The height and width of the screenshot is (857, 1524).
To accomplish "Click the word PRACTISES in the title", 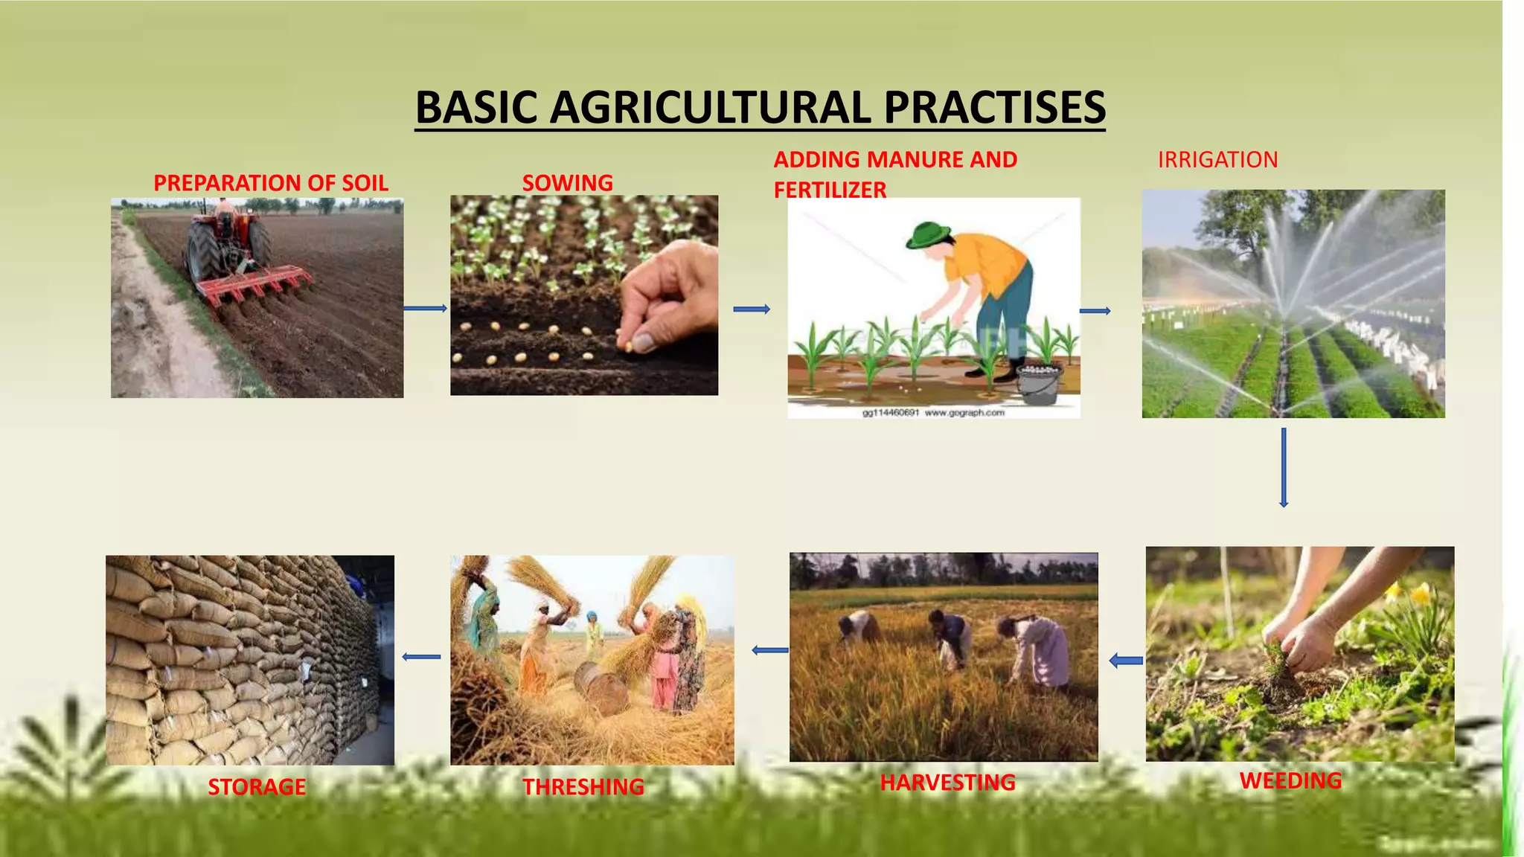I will pos(994,108).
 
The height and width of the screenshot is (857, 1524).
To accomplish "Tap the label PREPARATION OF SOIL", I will pos(271,183).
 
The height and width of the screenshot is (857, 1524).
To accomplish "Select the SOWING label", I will pos(568,183).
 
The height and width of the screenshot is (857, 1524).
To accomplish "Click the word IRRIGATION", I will pos(1217,160).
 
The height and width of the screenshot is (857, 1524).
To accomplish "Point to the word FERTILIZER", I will pos(830,190).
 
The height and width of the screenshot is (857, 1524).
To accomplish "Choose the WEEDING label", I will pos(1290,780).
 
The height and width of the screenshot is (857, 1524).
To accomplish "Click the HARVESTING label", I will pos(947,783).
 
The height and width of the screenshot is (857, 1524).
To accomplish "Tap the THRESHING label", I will pos(583,786).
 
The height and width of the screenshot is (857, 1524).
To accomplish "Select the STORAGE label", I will pos(257,786).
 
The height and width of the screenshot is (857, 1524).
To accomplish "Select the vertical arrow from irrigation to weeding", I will pos(1284,467).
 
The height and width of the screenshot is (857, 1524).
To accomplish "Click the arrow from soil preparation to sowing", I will pos(426,308).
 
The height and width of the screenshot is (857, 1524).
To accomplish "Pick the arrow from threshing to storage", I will pos(421,656).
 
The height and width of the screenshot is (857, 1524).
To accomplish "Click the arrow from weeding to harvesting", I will pos(1126,660).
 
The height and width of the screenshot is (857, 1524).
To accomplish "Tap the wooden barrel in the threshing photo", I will pos(601,688).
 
